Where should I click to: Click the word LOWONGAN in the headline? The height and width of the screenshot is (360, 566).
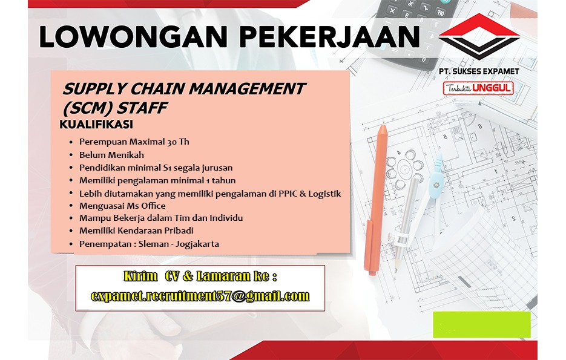click(x=133, y=37)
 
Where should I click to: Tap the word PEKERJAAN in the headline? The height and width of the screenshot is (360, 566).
click(x=329, y=37)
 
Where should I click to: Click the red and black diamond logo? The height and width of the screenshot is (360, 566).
click(x=479, y=36)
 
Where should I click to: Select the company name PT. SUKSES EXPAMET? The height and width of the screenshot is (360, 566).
click(x=479, y=71)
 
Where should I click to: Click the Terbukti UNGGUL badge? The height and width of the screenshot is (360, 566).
click(x=478, y=88)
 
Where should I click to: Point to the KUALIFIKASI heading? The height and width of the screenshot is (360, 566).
click(x=96, y=125)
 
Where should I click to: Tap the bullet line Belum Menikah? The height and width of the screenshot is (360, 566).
click(x=111, y=155)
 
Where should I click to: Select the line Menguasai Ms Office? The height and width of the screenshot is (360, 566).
click(x=122, y=206)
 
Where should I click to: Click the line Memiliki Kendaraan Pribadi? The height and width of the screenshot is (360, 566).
click(x=136, y=231)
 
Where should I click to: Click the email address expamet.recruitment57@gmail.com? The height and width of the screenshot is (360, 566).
click(x=200, y=296)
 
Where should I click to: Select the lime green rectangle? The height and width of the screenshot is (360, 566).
click(x=482, y=325)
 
